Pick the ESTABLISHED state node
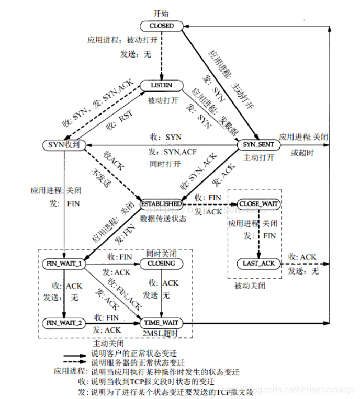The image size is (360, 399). click(162, 203)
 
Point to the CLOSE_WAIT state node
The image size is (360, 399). click(257, 203)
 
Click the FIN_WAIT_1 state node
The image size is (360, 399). click(64, 264)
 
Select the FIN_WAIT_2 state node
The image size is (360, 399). click(63, 323)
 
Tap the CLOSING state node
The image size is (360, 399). click(162, 264)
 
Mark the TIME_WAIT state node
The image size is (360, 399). click(162, 323)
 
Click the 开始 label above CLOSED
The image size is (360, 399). click(161, 12)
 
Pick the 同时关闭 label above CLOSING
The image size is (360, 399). click(161, 253)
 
